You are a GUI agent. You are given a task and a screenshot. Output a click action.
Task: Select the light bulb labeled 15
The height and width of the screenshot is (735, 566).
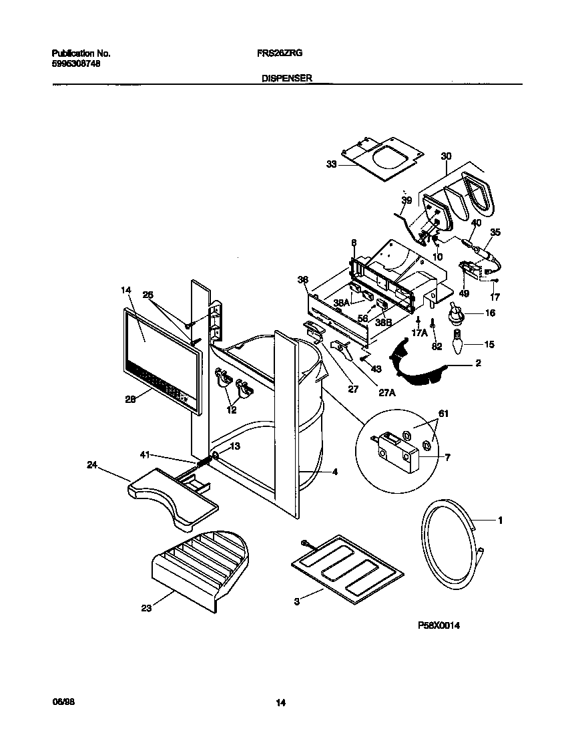pyautogui.click(x=457, y=344)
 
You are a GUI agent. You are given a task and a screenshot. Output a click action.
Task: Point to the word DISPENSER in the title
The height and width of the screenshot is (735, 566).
pyautogui.click(x=288, y=78)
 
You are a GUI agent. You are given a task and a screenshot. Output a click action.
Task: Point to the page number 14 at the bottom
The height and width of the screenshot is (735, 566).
pyautogui.click(x=281, y=702)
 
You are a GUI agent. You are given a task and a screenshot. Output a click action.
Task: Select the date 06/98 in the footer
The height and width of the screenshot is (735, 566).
pyautogui.click(x=61, y=702)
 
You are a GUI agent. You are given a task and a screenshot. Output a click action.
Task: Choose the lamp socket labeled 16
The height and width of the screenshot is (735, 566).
pyautogui.click(x=456, y=313)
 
